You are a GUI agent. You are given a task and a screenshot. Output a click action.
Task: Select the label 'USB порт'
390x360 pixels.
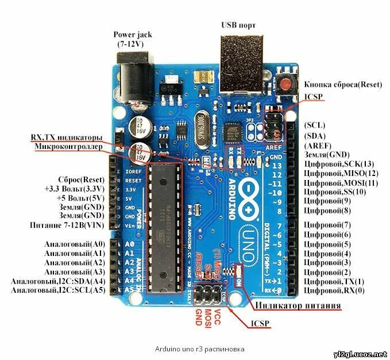238,25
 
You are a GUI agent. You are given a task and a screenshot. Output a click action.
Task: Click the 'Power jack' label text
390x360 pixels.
133,35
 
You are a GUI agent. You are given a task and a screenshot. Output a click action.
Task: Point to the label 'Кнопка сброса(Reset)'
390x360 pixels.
342,85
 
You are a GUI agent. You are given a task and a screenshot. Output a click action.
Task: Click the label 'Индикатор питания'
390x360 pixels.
298,305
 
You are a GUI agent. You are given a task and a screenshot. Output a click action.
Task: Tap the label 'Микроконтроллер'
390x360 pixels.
68,147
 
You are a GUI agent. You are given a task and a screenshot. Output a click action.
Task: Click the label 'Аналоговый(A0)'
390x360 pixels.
75,244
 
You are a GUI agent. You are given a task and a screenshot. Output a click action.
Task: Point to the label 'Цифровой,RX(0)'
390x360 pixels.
334,290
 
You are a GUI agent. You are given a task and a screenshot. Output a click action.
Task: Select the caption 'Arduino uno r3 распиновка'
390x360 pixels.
195,349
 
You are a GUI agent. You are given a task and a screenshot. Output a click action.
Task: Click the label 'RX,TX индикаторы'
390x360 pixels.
67,138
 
